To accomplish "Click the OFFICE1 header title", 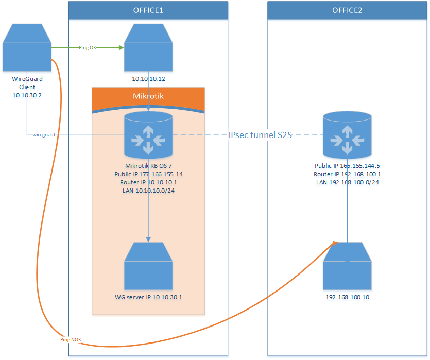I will [148, 10].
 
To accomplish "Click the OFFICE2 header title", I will [348, 10].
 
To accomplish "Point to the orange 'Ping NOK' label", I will [71, 340].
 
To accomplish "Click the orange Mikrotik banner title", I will [148, 96].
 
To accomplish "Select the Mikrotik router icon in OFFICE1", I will [148, 135].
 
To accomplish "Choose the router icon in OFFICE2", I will [347, 135].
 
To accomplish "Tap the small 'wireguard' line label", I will [42, 135].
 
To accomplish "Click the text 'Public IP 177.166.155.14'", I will [148, 174].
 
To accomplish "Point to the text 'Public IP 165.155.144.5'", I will [347, 166].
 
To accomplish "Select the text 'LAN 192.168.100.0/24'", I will [347, 182].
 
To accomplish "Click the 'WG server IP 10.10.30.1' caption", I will [148, 297].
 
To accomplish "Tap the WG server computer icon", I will [148, 267].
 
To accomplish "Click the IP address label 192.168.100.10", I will [347, 297].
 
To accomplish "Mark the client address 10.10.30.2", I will [27, 95].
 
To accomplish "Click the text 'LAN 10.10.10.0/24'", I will [148, 191].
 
